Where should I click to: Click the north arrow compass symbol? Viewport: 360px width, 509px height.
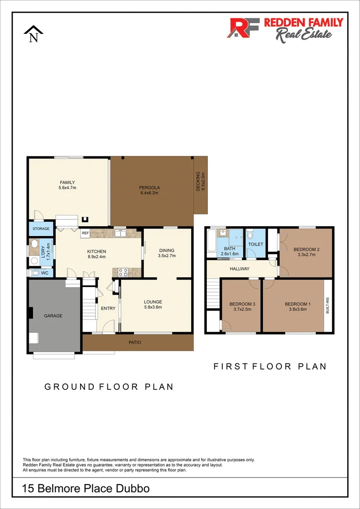pos(33,34)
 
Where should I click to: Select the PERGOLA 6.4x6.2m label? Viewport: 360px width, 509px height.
pos(149,189)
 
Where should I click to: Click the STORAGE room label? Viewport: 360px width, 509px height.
pos(41,229)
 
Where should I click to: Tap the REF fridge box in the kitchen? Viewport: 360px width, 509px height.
pos(85,233)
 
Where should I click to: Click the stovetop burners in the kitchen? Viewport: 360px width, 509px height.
pos(123,271)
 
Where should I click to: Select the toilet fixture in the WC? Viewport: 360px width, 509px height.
pos(34,272)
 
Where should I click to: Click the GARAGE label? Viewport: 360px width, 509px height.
pos(53,316)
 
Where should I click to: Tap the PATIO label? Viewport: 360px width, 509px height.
pos(135,342)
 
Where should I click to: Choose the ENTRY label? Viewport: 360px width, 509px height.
pos(108,308)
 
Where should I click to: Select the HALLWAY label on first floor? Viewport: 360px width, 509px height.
pos(239,269)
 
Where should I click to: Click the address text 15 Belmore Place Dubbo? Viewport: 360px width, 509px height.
pos(86,489)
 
